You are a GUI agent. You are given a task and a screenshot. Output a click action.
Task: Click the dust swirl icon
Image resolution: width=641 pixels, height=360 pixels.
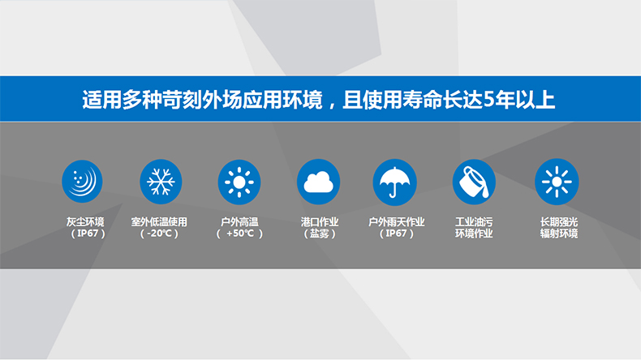point(82,182)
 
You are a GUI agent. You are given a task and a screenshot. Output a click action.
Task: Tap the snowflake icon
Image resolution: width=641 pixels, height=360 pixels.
point(161,182)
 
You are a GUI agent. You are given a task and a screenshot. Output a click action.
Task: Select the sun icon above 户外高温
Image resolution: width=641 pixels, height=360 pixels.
point(239,182)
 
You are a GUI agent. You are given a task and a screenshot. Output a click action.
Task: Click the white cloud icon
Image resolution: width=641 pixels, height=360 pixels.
point(318,182)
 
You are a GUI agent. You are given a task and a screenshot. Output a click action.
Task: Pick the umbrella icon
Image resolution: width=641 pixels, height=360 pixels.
point(394,182)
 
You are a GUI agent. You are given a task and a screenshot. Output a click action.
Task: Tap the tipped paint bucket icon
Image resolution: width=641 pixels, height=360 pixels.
point(474,182)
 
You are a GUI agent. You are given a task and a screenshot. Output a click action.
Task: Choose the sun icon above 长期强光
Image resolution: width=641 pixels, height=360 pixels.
point(557,182)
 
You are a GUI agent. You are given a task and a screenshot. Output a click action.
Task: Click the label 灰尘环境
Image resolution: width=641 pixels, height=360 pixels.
point(85,222)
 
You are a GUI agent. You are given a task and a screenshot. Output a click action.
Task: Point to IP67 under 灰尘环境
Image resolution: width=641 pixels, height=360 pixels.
point(88,234)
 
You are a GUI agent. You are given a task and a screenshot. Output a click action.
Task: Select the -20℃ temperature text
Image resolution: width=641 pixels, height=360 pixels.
point(159,234)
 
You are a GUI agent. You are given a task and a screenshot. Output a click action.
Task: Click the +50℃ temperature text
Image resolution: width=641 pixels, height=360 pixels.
point(240,234)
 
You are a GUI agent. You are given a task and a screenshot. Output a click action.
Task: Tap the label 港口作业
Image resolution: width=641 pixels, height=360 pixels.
point(320,222)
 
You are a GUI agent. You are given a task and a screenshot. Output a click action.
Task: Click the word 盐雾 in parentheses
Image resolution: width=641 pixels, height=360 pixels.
point(319,234)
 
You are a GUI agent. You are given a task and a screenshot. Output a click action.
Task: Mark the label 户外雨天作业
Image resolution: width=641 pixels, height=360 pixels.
point(397,222)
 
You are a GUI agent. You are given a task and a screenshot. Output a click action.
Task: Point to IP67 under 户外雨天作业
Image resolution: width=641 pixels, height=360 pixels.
point(397,234)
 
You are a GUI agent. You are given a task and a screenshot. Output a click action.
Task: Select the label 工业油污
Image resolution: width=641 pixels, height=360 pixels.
point(474,222)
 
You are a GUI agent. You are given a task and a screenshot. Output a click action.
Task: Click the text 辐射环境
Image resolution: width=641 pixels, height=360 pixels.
point(559,234)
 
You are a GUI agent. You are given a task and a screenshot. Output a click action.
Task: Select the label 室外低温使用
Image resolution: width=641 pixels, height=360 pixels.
point(159,222)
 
